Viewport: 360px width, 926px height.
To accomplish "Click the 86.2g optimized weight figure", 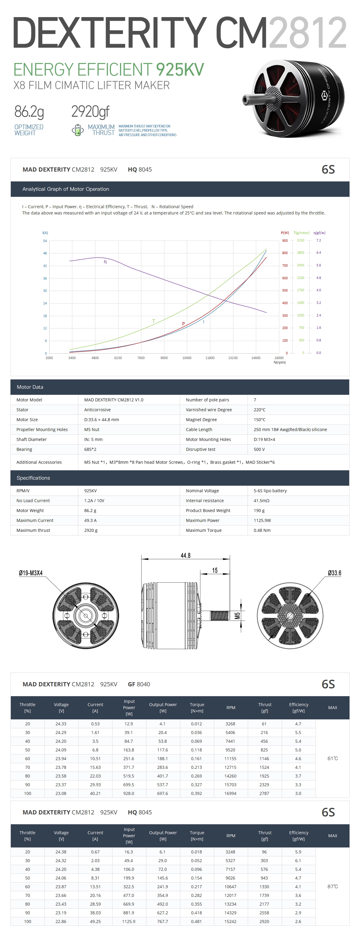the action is tap(29, 112).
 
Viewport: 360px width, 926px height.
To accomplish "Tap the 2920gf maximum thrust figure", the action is tap(90, 112).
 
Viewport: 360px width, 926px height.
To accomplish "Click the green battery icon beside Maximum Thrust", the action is tap(78, 130).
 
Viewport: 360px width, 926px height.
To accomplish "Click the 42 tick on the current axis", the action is tap(45, 266).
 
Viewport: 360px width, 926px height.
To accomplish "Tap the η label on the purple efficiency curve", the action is tap(105, 262).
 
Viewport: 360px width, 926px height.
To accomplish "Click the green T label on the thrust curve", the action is tap(154, 321).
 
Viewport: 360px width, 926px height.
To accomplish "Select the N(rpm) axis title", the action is tap(279, 362).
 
